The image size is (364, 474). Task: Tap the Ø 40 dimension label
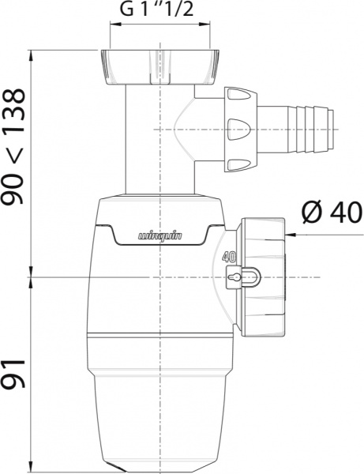coord(331,213)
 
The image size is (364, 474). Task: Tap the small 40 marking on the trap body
coord(231,255)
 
